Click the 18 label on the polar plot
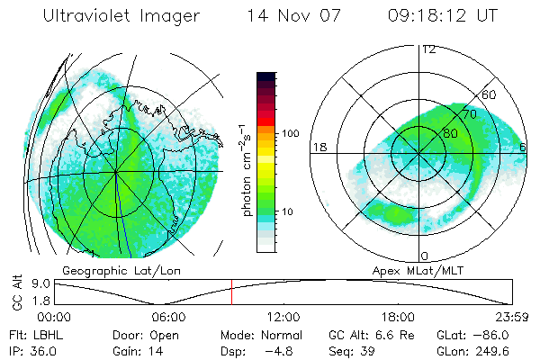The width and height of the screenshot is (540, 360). point(319,148)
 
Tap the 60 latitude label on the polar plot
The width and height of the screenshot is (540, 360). point(490,95)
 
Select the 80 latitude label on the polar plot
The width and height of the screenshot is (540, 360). point(451,133)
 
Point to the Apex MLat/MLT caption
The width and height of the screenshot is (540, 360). point(409,270)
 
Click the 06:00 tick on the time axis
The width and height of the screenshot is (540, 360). point(168,317)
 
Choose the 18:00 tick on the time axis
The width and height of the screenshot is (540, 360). point(398,317)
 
